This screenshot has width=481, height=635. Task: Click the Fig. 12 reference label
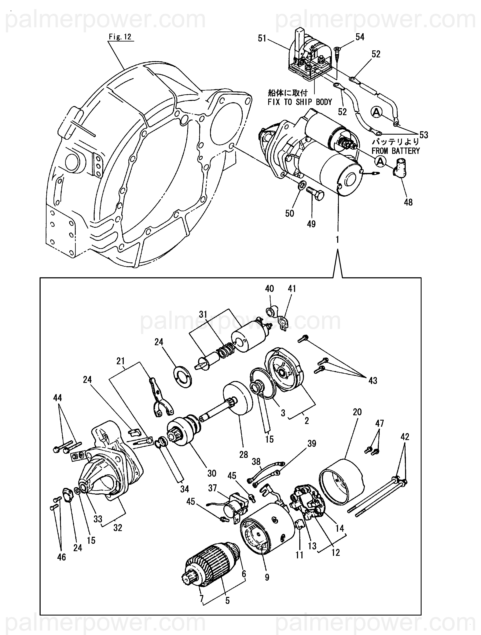(x=120, y=37)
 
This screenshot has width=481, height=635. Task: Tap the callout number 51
(x=262, y=38)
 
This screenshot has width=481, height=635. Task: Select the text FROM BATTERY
(x=396, y=151)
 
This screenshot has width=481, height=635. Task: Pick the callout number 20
(x=357, y=412)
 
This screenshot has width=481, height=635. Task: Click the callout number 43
(x=372, y=381)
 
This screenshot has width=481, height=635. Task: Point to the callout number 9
(x=267, y=577)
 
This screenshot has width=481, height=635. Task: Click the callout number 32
(x=118, y=528)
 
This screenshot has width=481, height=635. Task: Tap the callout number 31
(x=203, y=315)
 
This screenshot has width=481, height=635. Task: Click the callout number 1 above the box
(x=337, y=239)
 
